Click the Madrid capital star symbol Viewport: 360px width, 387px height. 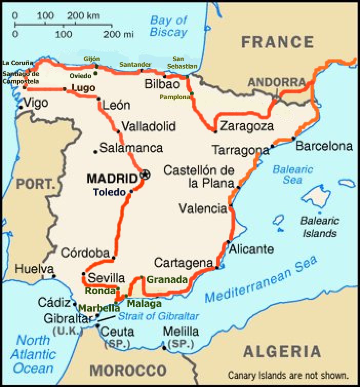pyautogui.click(x=145, y=175)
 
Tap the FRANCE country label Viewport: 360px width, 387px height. pyautogui.click(x=277, y=42)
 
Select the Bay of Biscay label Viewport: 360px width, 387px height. pyautogui.click(x=168, y=26)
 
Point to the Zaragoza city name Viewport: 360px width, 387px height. pyautogui.click(x=246, y=126)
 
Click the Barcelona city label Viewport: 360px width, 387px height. pyautogui.click(x=324, y=146)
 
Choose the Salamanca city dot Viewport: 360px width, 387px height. pyautogui.click(x=95, y=151)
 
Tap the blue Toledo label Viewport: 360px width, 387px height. pyautogui.click(x=109, y=192)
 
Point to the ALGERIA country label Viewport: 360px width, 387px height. pyautogui.click(x=282, y=352)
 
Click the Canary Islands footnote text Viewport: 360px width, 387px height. pyautogui.click(x=288, y=375)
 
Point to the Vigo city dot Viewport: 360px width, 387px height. pyautogui.click(x=21, y=107)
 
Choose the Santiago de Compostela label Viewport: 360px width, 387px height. pyautogui.click(x=21, y=78)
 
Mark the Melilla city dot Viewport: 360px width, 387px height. pyautogui.click(x=164, y=348)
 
